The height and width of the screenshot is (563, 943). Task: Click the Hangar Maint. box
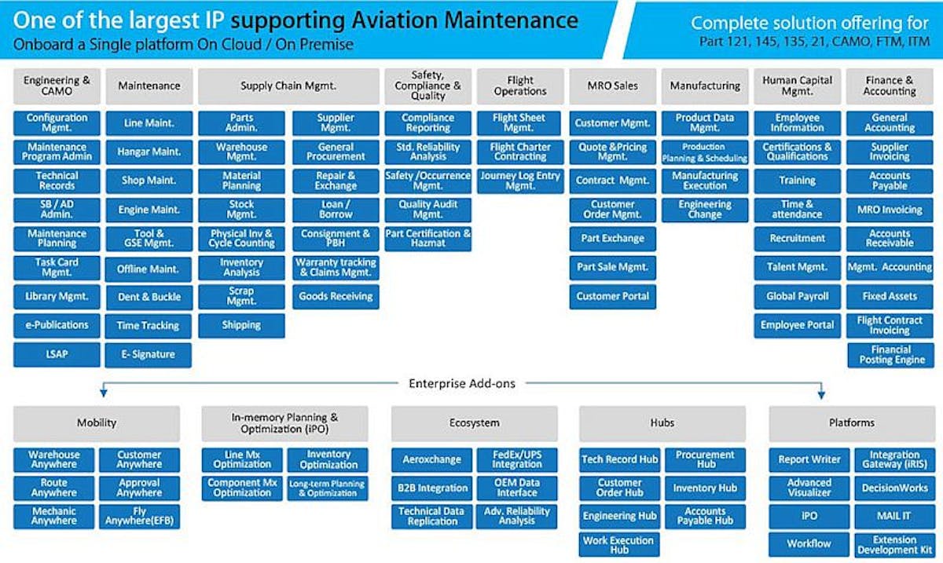click(x=149, y=152)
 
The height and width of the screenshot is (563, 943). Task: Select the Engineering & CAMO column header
click(x=57, y=86)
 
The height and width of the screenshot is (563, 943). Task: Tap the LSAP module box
click(x=57, y=354)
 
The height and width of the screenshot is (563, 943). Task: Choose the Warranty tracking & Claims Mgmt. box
click(x=336, y=267)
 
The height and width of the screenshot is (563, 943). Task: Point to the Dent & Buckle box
click(x=149, y=297)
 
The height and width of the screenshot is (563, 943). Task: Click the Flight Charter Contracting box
click(x=519, y=152)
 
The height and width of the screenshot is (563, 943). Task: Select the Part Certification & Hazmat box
click(x=427, y=239)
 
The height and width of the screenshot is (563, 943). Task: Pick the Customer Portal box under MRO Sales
click(x=613, y=296)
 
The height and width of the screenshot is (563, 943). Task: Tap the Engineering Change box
click(x=705, y=210)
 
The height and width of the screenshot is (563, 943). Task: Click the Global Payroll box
click(x=797, y=296)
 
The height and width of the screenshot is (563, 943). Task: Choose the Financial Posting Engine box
click(x=890, y=355)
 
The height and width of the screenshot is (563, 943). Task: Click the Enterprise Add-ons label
click(x=462, y=383)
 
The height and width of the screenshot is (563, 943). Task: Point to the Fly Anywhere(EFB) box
click(x=139, y=516)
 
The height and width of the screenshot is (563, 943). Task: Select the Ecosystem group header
click(x=474, y=423)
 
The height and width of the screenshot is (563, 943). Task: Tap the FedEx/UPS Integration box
click(x=517, y=459)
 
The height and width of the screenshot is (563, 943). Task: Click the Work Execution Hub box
click(x=619, y=544)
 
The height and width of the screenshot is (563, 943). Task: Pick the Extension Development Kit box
click(x=894, y=544)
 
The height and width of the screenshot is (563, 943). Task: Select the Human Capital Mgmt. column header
click(x=797, y=86)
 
